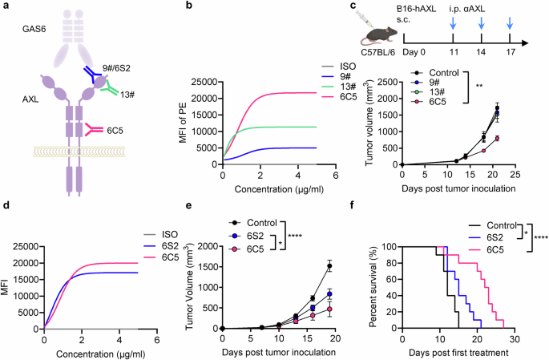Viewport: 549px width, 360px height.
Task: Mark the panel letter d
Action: pos(6,206)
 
